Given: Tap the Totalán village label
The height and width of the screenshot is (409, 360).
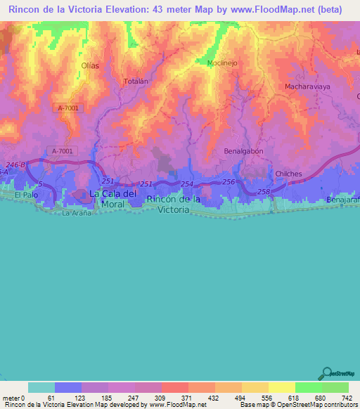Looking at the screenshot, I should (x=136, y=82).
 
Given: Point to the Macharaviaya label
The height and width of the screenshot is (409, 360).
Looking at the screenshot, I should (x=307, y=86).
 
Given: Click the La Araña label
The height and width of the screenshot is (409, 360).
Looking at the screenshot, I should (x=77, y=212).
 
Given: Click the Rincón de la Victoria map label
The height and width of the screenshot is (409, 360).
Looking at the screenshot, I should (x=173, y=204).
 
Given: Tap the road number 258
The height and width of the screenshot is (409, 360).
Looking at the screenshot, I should (x=263, y=191).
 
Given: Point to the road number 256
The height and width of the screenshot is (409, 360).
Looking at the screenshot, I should (x=229, y=182).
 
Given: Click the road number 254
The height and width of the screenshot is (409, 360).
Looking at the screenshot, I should (x=186, y=184).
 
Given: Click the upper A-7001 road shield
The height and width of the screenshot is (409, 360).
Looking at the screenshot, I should (x=67, y=108).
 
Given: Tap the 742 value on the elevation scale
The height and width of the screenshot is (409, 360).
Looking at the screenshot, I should (x=347, y=398).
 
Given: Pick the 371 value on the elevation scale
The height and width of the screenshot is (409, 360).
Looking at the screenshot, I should (x=174, y=398).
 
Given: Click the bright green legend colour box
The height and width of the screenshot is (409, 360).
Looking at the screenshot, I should (x=308, y=387).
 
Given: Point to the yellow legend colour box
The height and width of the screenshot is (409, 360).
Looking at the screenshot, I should (x=281, y=387).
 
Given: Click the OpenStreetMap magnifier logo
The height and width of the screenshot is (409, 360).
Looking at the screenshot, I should (x=327, y=373).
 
